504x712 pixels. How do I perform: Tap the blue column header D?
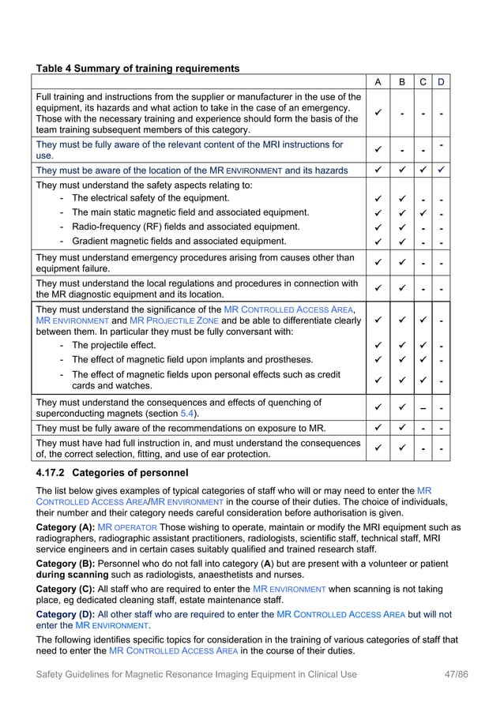point(441,83)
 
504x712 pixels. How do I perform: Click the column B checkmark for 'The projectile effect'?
point(401,345)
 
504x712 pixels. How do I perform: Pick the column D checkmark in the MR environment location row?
point(441,170)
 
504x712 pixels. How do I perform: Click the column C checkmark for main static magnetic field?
point(423,212)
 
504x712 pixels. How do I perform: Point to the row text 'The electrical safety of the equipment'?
point(158,198)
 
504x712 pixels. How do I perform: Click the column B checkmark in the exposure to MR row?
point(401,429)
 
